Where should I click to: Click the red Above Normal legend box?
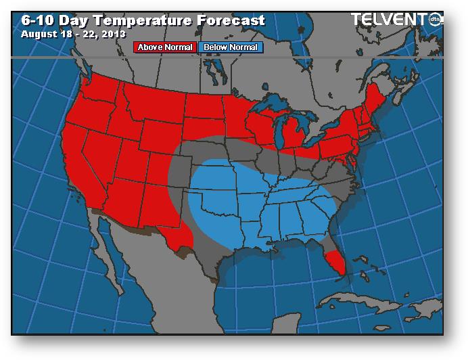pos(165,47)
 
